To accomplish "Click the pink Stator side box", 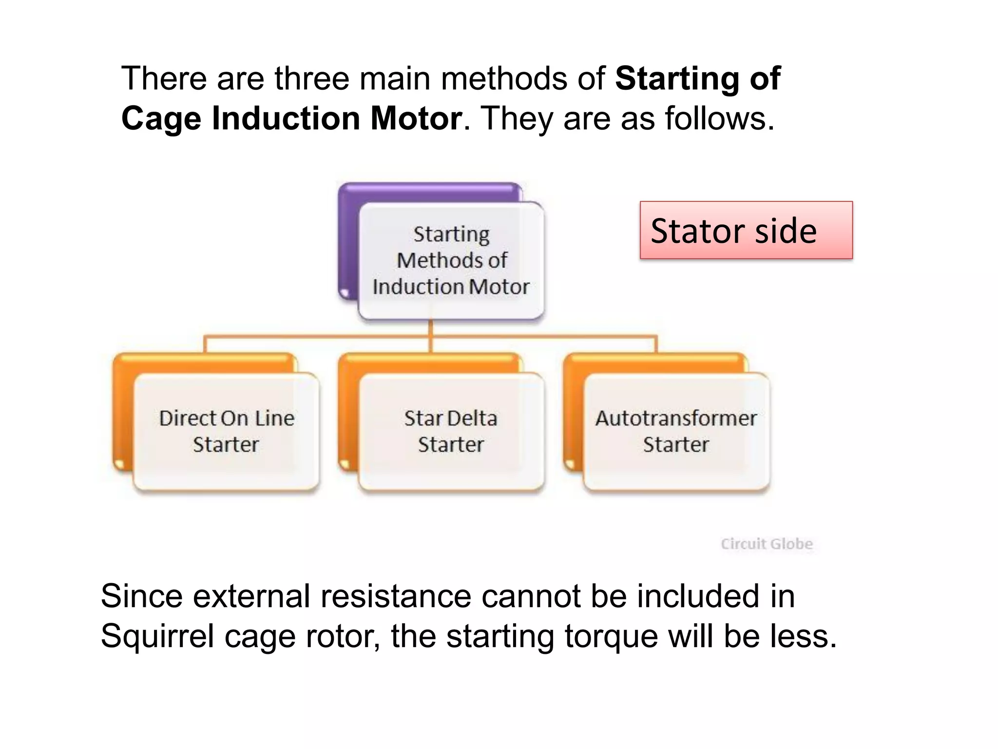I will click(746, 230).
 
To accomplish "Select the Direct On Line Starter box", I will click(227, 431).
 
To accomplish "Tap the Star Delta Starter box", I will click(451, 431).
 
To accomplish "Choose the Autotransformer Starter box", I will click(676, 431).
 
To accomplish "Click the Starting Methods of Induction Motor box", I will click(451, 260).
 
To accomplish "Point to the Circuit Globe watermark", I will click(767, 544).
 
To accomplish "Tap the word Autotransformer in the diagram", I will click(676, 418).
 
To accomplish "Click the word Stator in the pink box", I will click(698, 231).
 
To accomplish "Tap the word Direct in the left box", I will click(187, 418).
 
